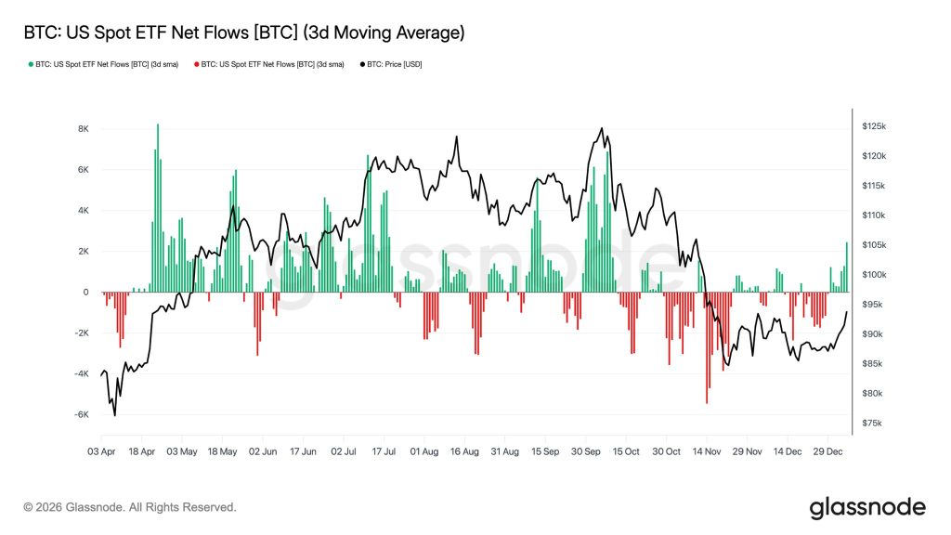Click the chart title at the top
click(x=242, y=33)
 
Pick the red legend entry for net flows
click(x=268, y=65)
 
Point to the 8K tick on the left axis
click(x=83, y=129)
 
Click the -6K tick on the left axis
click(x=81, y=415)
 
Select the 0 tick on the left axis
click(x=85, y=293)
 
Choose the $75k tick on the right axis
click(x=872, y=424)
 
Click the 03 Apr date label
click(x=101, y=451)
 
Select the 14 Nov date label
click(x=707, y=451)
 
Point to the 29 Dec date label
click(x=827, y=451)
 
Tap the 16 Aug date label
click(x=464, y=451)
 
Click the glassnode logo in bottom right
click(x=867, y=507)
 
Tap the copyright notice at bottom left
click(x=130, y=507)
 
